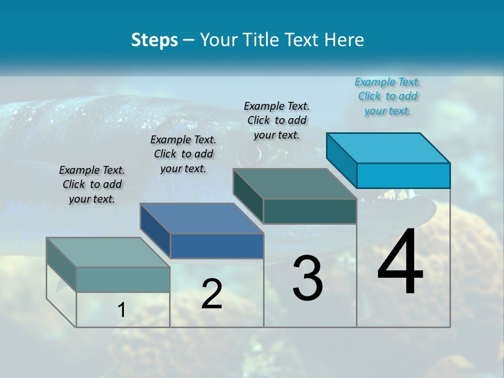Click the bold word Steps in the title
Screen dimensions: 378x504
[154, 40]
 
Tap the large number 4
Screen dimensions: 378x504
[400, 262]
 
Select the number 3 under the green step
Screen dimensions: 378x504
[308, 278]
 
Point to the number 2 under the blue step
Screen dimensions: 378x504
[212, 294]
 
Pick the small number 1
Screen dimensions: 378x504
[122, 310]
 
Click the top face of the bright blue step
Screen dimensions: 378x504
[388, 148]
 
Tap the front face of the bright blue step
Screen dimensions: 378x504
[403, 175]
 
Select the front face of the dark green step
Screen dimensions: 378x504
[310, 211]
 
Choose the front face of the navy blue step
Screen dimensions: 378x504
[217, 246]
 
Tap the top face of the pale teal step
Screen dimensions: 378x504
[108, 253]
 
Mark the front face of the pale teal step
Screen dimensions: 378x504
[123, 279]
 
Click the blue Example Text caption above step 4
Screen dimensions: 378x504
[387, 96]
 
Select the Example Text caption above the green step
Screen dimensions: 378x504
[277, 120]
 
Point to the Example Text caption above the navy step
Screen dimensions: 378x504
[183, 154]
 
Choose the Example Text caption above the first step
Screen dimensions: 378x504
[92, 184]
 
